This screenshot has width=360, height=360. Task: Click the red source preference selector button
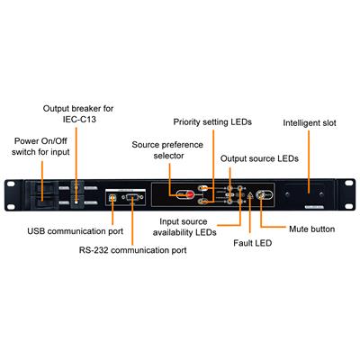[190, 195]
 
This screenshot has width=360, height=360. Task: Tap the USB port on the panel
[113, 197]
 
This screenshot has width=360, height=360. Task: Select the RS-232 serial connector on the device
[132, 197]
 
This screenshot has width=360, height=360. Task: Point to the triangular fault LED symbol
[250, 195]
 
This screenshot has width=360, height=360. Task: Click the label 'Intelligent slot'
[310, 123]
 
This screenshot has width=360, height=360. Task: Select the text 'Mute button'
[312, 229]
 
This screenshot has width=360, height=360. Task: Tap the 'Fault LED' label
[253, 243]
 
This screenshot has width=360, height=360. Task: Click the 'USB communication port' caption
[76, 231]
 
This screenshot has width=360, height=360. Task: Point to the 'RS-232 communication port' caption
[132, 250]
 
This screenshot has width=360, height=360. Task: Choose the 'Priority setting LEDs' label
[212, 121]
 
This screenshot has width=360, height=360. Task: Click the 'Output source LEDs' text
[259, 158]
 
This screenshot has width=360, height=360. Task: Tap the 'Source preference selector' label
[167, 150]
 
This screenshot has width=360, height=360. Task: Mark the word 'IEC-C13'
[79, 120]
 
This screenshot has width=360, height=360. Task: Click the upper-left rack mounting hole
[12, 184]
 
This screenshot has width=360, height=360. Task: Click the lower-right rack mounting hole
[348, 206]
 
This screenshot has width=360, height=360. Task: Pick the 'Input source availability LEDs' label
[184, 227]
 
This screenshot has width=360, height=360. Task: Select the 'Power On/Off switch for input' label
[40, 147]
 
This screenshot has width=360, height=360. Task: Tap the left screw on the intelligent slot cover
[288, 194]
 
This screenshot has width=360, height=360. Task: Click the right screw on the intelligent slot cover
[321, 194]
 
